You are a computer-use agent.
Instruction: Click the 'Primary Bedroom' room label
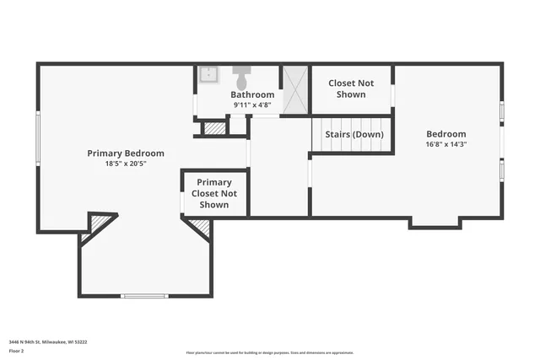tap(126, 153)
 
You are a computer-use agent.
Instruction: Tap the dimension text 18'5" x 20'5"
tap(126, 164)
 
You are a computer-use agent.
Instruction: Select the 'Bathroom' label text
tap(252, 94)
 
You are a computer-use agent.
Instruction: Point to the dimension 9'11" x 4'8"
tap(252, 105)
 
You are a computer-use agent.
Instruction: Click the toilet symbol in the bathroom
tap(241, 78)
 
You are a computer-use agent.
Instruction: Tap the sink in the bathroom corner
tap(208, 75)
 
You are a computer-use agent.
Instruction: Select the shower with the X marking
tap(294, 89)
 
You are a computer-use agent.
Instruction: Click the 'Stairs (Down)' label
tap(354, 135)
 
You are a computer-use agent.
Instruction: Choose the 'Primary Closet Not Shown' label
tap(214, 193)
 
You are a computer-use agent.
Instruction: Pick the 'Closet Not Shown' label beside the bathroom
tap(351, 89)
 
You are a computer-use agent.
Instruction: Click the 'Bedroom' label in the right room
tap(445, 134)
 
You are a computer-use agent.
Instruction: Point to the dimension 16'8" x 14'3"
tap(445, 144)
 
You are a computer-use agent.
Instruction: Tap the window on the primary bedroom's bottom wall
tap(144, 296)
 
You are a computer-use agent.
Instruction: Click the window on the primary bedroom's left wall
tap(37, 138)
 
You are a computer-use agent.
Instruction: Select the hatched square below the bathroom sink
tap(214, 128)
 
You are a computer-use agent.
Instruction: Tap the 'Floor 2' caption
tap(17, 351)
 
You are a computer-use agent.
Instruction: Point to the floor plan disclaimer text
tap(270, 352)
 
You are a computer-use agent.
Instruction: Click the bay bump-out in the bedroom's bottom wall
tap(435, 223)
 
